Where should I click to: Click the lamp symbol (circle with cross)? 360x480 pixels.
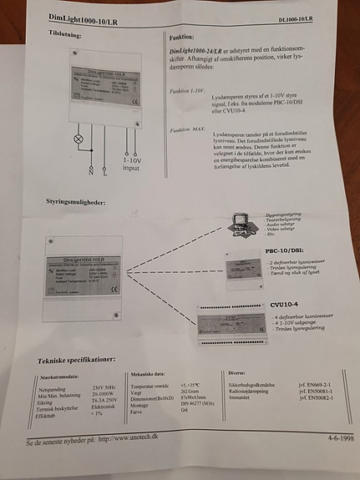pos(79,137)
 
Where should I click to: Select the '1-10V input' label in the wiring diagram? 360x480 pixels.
pos(131,162)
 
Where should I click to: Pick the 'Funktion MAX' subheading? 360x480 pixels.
pos(187,130)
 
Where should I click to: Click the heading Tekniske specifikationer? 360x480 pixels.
pos(81,360)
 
